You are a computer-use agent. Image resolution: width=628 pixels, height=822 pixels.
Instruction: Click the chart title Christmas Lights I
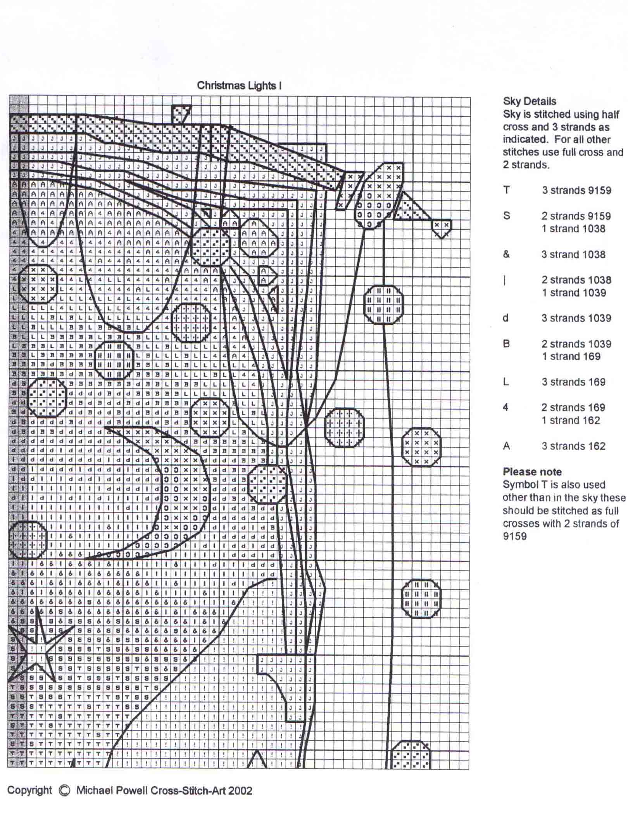pyautogui.click(x=239, y=86)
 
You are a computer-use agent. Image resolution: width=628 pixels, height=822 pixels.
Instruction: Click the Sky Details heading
pyautogui.click(x=529, y=101)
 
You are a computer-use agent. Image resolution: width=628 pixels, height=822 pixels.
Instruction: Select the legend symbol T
pyautogui.click(x=506, y=190)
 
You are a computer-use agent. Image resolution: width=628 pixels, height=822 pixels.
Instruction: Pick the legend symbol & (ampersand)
pyautogui.click(x=506, y=254)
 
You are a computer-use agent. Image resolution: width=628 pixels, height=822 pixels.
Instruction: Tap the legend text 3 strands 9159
pyautogui.click(x=576, y=190)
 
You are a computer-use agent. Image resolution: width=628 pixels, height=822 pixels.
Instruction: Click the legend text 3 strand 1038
pyautogui.click(x=573, y=254)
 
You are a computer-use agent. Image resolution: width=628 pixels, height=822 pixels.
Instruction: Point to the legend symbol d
pyautogui.click(x=506, y=318)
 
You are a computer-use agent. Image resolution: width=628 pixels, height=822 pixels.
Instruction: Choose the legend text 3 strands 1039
pyautogui.click(x=576, y=318)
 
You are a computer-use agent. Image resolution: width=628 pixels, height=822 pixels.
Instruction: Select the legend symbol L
pyautogui.click(x=506, y=382)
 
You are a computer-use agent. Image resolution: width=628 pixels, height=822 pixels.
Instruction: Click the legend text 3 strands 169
pyautogui.click(x=573, y=382)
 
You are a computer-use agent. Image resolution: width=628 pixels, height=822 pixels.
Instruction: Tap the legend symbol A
pyautogui.click(x=506, y=446)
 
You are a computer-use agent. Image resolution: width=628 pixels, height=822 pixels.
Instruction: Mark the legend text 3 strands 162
pyautogui.click(x=573, y=446)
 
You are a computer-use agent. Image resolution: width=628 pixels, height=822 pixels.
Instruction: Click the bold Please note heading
pyautogui.click(x=532, y=472)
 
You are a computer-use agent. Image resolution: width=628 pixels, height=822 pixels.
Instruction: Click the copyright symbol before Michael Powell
pyautogui.click(x=64, y=791)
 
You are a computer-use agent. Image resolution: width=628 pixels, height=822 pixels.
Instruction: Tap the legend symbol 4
pyautogui.click(x=506, y=407)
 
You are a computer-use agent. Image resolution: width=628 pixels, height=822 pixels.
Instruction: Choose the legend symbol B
pyautogui.click(x=506, y=344)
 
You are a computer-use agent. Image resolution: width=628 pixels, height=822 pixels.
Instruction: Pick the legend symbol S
pyautogui.click(x=506, y=216)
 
